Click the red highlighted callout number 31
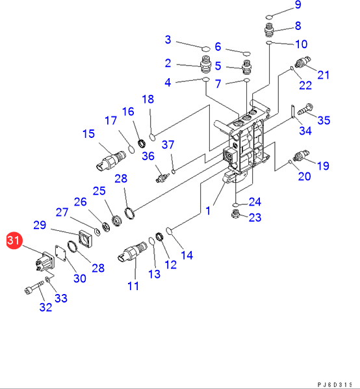pyautogui.click(x=14, y=241)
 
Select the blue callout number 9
pyautogui.click(x=298, y=5)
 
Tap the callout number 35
pyautogui.click(x=324, y=120)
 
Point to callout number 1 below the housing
pyautogui.click(x=208, y=211)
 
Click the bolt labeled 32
pyautogui.click(x=34, y=287)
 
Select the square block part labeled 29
pyautogui.click(x=86, y=239)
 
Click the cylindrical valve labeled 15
pyautogui.click(x=110, y=161)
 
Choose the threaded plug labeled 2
pyautogui.click(x=205, y=64)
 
